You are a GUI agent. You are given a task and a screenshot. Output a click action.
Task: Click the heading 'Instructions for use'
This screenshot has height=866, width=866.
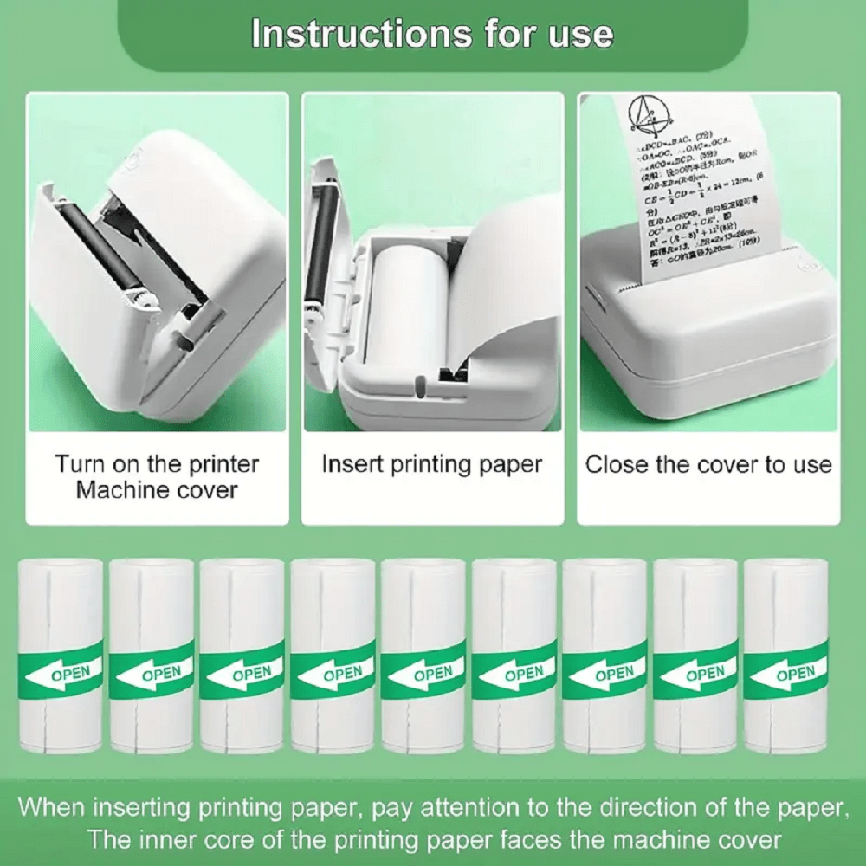point(431,35)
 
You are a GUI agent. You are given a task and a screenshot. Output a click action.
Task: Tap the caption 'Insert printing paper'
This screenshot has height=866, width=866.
point(431,464)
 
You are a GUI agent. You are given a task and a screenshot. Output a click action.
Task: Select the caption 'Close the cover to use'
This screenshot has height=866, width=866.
point(708,464)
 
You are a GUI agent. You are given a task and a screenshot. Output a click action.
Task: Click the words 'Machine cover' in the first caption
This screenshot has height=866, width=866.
point(157,490)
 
